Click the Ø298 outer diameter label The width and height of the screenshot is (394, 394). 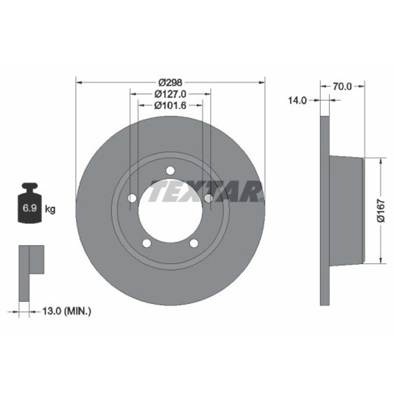[x=170, y=82]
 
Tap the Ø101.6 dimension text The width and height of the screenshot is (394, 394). [x=170, y=106]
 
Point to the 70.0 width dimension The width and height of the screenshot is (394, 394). [x=342, y=86]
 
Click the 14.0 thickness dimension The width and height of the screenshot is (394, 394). [x=299, y=100]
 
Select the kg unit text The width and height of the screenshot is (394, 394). [x=50, y=209]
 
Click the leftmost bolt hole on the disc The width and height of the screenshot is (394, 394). [x=131, y=198]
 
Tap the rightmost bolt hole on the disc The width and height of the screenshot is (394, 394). [x=208, y=198]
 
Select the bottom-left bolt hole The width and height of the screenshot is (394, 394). [x=146, y=243]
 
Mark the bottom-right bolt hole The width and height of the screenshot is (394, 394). [x=194, y=243]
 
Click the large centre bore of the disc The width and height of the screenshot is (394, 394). [x=170, y=211]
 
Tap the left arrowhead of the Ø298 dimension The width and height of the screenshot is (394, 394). [x=78, y=82]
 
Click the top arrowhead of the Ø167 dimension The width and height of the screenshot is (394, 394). [x=379, y=159]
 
